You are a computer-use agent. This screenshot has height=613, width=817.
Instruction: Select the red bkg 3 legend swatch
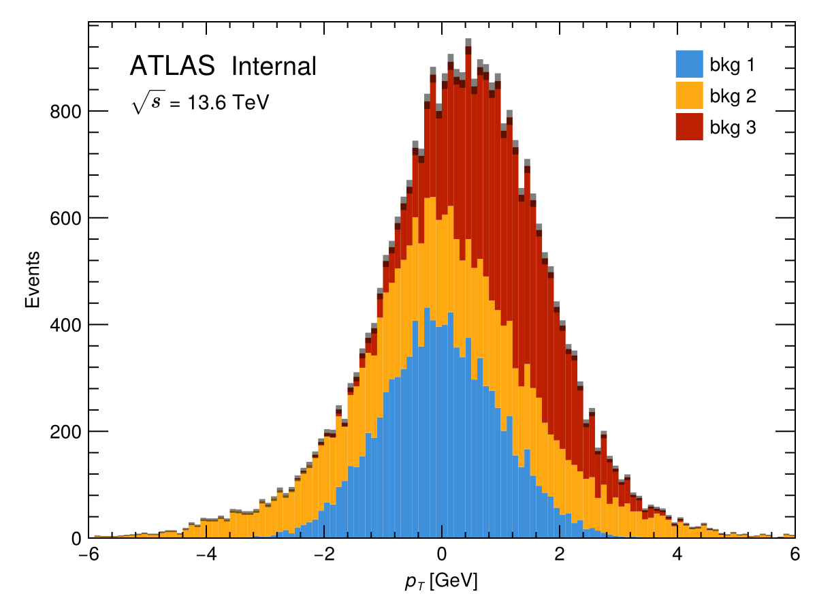(688, 127)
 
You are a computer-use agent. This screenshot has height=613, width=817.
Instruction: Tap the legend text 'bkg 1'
(733, 65)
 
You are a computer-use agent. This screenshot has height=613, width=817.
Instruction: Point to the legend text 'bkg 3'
(733, 127)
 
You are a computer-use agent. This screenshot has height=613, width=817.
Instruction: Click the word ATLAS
(172, 66)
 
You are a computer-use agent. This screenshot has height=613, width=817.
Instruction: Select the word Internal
(274, 66)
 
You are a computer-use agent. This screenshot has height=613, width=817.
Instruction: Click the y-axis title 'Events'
(32, 279)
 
